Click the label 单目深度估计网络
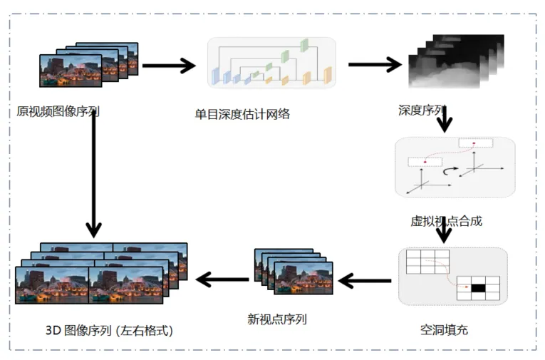coord(242,113)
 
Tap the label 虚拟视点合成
coord(447,221)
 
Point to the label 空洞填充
coord(444,329)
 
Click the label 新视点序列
coord(277,319)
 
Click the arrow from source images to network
coord(168,66)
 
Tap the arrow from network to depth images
coord(374,64)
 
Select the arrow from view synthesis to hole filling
coord(445,230)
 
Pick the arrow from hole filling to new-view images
coord(365,281)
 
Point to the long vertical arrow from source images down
coord(93,171)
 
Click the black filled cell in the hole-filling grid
coord(477,288)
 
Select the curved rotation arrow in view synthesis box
coord(450,171)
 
